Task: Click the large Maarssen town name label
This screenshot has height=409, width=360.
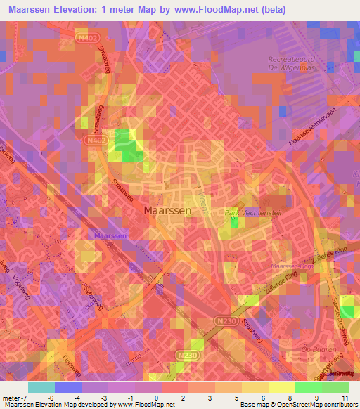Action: click(167, 210)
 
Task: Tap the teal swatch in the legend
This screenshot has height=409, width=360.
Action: click(41, 387)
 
